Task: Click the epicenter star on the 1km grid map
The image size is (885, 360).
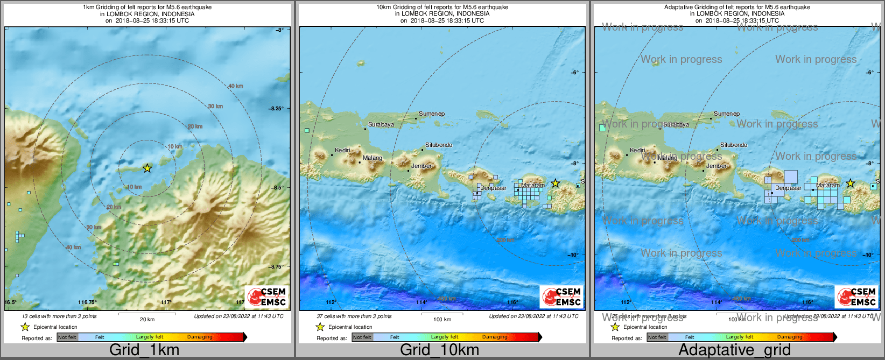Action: [147, 168]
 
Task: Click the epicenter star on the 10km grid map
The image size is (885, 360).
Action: [555, 183]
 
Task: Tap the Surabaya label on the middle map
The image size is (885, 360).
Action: [381, 124]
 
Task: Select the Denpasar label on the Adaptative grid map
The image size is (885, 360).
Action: [788, 188]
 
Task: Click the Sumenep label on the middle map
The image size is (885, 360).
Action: [432, 114]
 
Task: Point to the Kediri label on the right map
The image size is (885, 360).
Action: [637, 150]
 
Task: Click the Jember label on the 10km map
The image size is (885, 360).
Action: [422, 166]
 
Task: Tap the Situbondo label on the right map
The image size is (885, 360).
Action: [734, 145]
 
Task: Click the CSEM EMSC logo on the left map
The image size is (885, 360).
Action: [267, 297]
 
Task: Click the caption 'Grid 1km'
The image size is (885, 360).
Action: [144, 350]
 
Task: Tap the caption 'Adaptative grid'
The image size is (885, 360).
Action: [734, 350]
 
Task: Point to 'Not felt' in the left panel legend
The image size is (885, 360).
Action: [67, 337]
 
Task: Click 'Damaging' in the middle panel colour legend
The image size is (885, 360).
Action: [494, 337]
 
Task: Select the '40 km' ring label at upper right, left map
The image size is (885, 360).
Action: [235, 86]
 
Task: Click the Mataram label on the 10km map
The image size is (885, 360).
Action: [532, 185]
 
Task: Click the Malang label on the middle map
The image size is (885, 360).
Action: [372, 158]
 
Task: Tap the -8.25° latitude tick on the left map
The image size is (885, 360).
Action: [276, 109]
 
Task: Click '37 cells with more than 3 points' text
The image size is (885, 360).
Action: [354, 316]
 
